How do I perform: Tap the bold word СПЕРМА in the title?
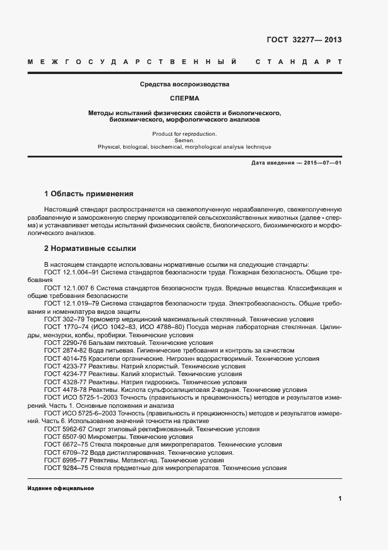[185, 98]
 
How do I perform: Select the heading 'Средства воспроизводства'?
[185, 85]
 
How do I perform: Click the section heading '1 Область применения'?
[89, 194]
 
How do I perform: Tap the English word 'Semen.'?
[185, 140]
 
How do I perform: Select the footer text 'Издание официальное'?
[60, 489]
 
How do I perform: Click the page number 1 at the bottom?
[340, 499]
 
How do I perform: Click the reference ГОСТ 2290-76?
[65, 343]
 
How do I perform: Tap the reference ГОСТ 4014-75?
[65, 358]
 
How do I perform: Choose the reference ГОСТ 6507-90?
[65, 438]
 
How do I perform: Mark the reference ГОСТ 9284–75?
[65, 468]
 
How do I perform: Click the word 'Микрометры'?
[106, 438]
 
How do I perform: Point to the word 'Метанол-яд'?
[141, 461]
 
